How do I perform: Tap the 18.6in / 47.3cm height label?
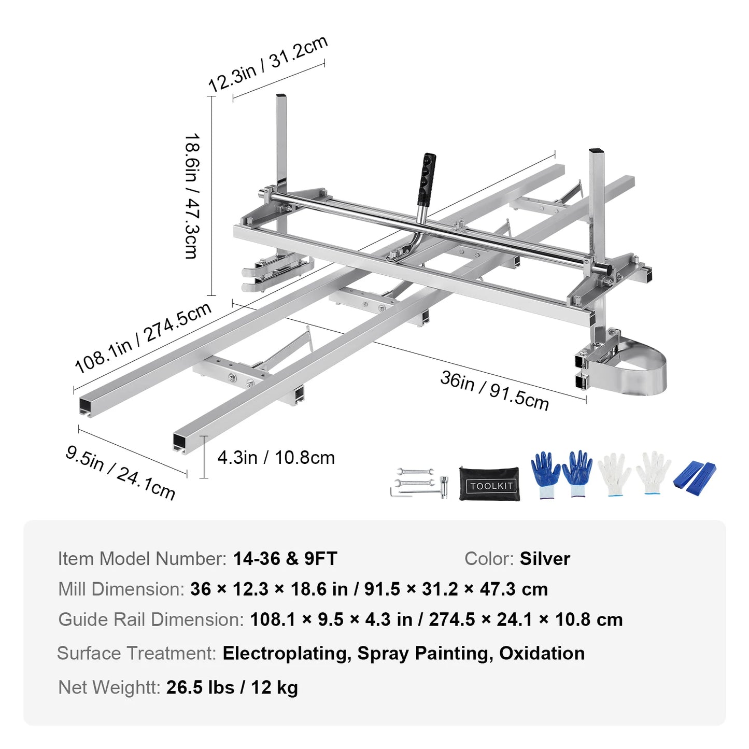pyautogui.click(x=192, y=196)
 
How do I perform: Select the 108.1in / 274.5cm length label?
pyautogui.click(x=143, y=337)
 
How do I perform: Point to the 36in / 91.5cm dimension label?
pyautogui.click(x=494, y=390)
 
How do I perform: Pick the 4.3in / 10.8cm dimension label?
pyautogui.click(x=276, y=458)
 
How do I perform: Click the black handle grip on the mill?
pyautogui.click(x=427, y=179)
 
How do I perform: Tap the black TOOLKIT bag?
pyautogui.click(x=489, y=484)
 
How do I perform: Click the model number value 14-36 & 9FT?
pyautogui.click(x=285, y=559)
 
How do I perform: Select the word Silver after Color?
pyautogui.click(x=545, y=559)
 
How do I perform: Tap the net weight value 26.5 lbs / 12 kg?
pyautogui.click(x=232, y=687)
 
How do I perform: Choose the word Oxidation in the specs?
pyautogui.click(x=542, y=653)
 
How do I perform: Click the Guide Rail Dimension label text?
pyautogui.click(x=151, y=619)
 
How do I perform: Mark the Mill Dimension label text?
pyautogui.click(x=121, y=589)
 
